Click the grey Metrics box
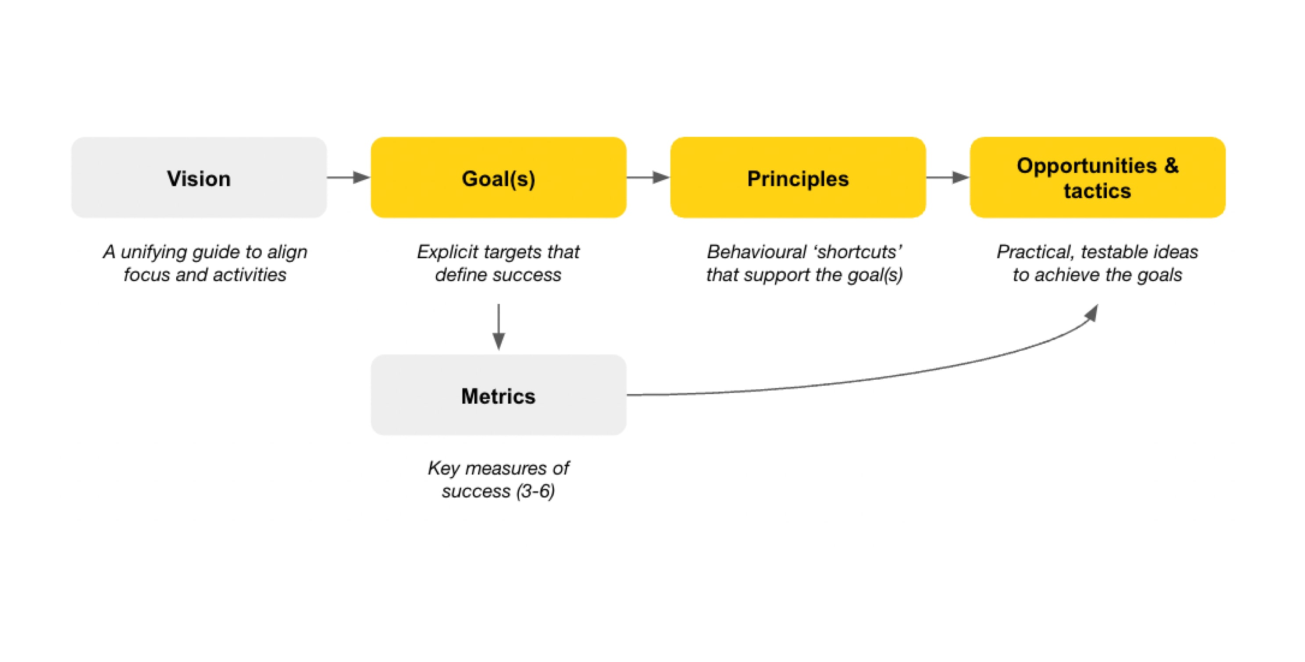tap(499, 395)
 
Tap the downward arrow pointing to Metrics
tap(499, 327)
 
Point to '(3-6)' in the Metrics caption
tap(535, 491)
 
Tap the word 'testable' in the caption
tap(1116, 252)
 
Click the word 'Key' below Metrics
tap(443, 468)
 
